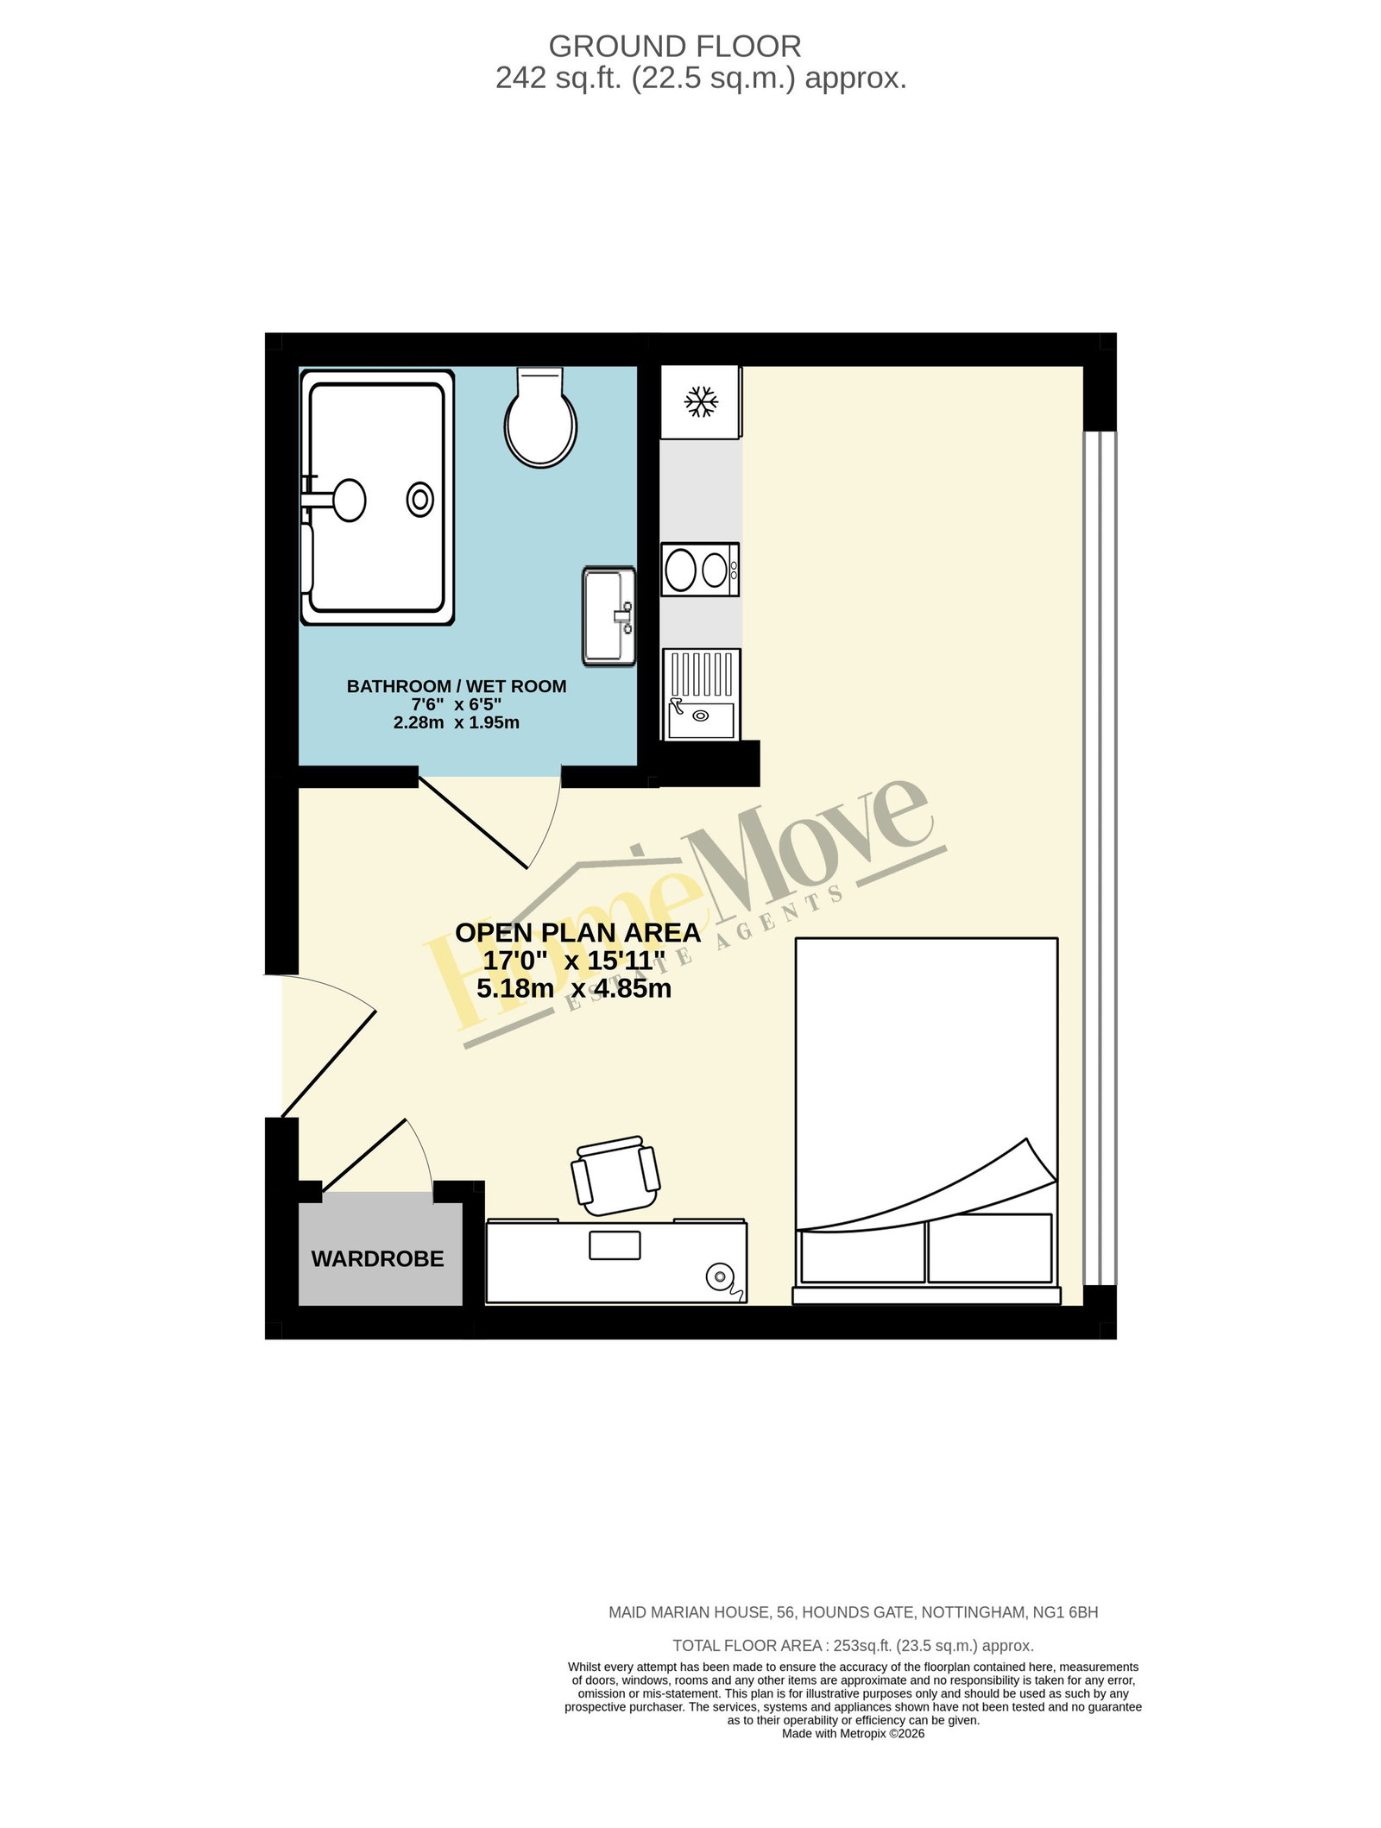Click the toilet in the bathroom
click(x=541, y=416)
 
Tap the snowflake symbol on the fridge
click(x=700, y=401)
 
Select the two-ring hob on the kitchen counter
click(x=700, y=569)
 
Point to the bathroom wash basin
click(x=609, y=615)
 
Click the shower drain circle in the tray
click(x=420, y=499)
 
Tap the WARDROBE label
click(x=377, y=1259)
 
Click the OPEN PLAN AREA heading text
click(x=577, y=933)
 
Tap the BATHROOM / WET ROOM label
click(x=457, y=686)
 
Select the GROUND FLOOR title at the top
click(x=675, y=46)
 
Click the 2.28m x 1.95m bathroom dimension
click(x=457, y=722)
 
